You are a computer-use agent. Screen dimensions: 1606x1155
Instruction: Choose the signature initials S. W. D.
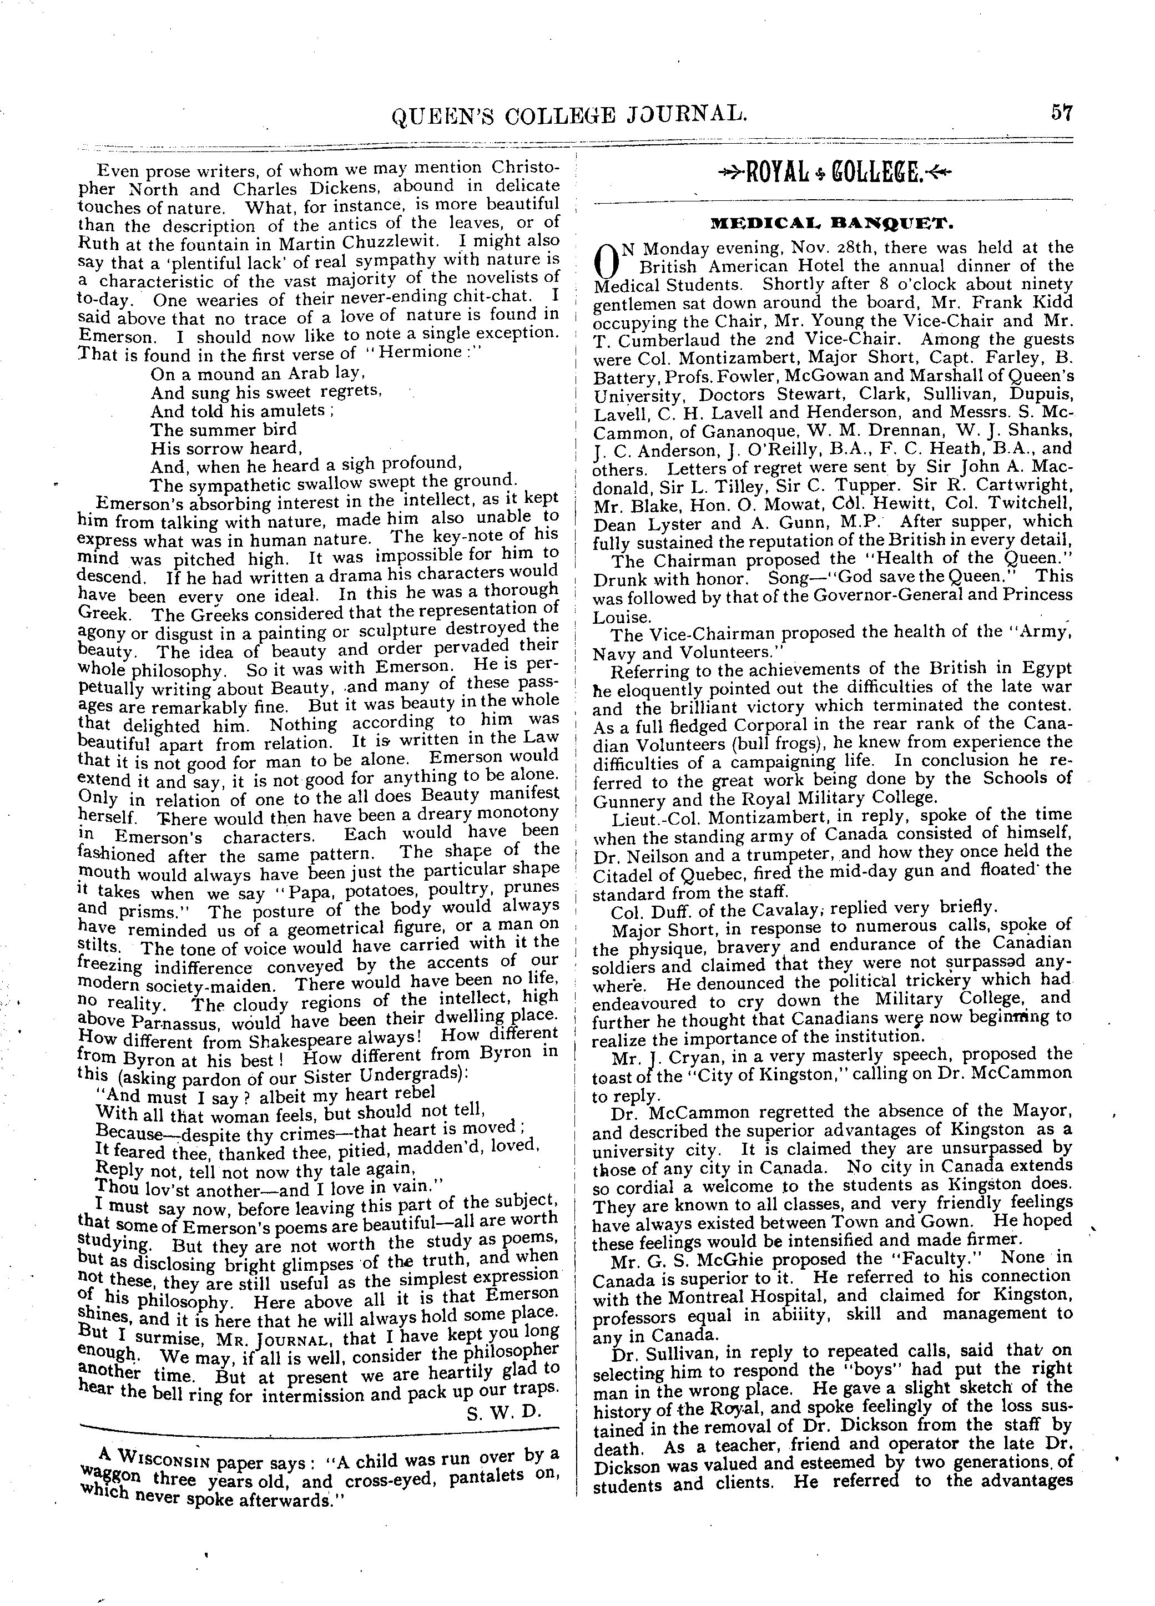(503, 1413)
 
